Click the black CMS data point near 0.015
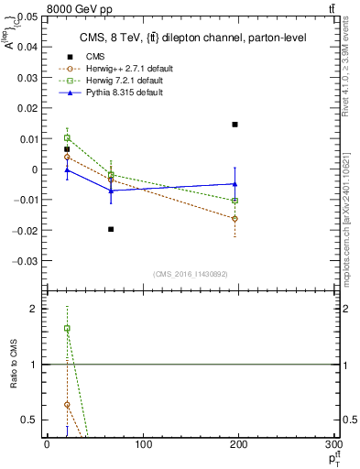(235, 125)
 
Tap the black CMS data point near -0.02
(111, 229)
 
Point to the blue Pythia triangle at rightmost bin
(235, 184)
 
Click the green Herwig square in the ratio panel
(67, 328)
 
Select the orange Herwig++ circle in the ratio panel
(67, 404)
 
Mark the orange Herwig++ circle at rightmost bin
(235, 219)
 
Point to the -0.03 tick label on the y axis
(27, 260)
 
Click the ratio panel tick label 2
(34, 309)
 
